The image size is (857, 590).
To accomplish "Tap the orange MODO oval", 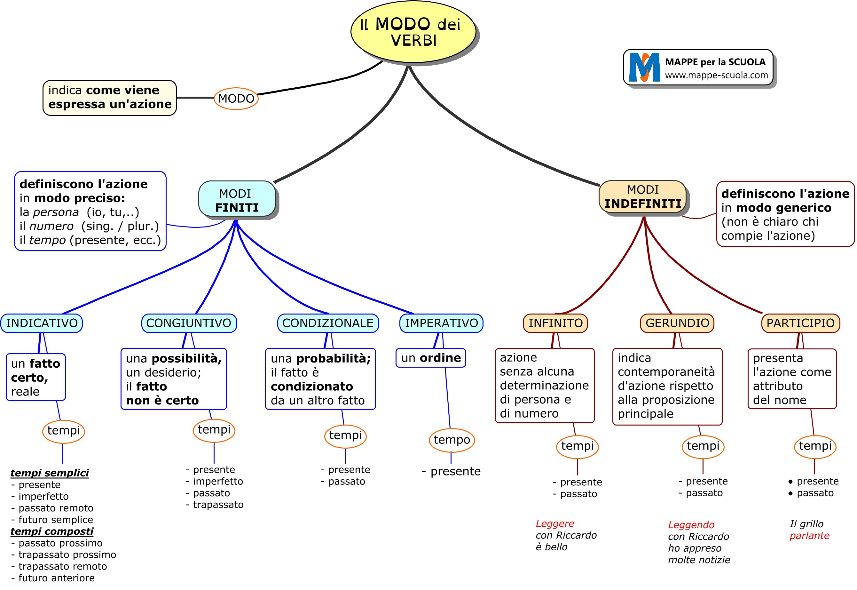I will point(236,99).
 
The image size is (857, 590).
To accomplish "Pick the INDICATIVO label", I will point(42,323).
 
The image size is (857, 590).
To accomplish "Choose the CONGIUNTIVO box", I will point(189,323).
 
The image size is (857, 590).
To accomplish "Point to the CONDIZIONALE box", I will point(328,323).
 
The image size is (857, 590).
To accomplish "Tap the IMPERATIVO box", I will point(441,323).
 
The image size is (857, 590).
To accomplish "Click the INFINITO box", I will point(555,323).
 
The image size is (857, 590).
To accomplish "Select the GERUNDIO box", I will point(677,323).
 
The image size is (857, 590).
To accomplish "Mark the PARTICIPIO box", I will point(800,323).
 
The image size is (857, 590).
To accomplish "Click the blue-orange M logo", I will point(644,67).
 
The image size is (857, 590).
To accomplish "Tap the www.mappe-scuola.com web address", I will point(716,76).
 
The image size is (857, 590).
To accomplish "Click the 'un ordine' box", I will point(431,358).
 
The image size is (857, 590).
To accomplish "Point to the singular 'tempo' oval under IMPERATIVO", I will point(452,440).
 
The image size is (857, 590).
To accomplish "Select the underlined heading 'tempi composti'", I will point(52,531).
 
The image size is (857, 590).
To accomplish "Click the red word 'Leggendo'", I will point(691,525).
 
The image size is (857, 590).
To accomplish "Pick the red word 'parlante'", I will point(809,536).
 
